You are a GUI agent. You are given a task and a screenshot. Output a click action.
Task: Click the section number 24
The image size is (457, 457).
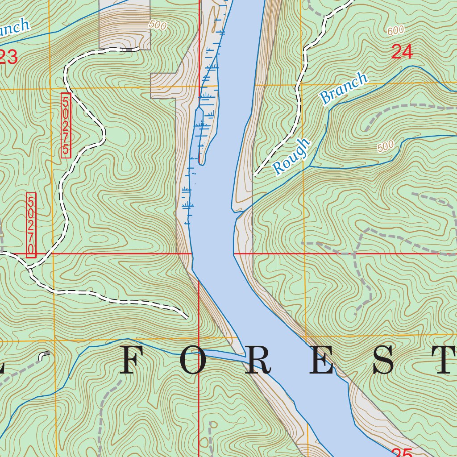pyautogui.click(x=402, y=52)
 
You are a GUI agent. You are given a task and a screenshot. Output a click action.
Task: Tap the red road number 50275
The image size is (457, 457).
pyautogui.click(x=66, y=124)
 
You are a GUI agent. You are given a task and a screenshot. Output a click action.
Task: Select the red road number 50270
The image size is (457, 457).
pyautogui.click(x=31, y=225)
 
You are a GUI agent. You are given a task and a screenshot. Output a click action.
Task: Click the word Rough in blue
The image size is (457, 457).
pyautogui.click(x=291, y=156)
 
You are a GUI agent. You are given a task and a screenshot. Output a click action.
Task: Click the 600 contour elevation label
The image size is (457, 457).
pyautogui.click(x=395, y=30)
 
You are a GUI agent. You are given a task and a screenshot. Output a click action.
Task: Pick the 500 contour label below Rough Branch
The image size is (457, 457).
pyautogui.click(x=385, y=146)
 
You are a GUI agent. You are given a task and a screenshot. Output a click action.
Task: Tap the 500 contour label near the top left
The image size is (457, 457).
pyautogui.click(x=158, y=25)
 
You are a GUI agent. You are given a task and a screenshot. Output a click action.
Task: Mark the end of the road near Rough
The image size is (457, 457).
pyautogui.click(x=255, y=174)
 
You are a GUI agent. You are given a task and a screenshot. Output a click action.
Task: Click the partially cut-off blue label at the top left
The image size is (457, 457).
pyautogui.click(x=13, y=29)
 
